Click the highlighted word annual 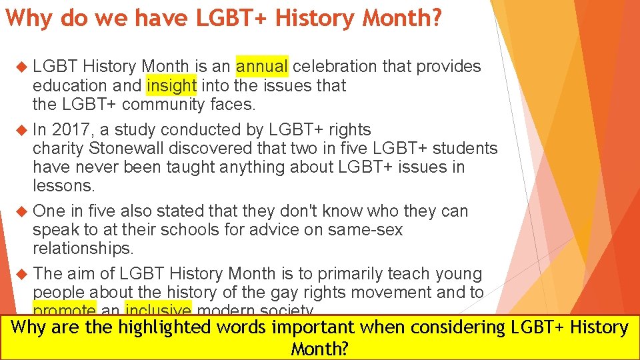(x=262, y=67)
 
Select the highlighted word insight (x=171, y=85)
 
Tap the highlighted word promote (x=65, y=310)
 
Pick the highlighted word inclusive (x=158, y=310)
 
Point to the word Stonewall (x=131, y=148)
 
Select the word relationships (x=83, y=249)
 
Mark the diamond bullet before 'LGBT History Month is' (x=19, y=67)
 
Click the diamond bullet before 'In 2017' (x=19, y=129)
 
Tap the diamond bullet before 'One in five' (x=19, y=211)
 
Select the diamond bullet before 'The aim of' (x=19, y=273)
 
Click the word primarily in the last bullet (x=357, y=273)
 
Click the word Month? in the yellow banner (x=320, y=349)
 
